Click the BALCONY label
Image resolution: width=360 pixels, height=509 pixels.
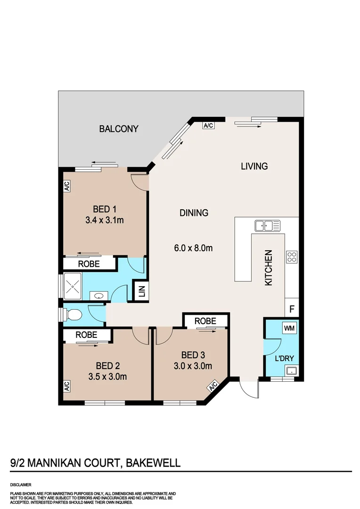click(119, 129)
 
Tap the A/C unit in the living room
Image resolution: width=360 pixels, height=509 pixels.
click(208, 125)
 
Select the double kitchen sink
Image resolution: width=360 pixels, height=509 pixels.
click(267, 225)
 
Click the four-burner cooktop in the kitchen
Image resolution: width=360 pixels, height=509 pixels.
click(292, 257)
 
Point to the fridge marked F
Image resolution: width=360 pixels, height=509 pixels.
click(292, 310)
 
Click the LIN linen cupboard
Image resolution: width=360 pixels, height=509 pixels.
click(141, 292)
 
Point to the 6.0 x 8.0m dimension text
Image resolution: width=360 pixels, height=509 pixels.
click(193, 247)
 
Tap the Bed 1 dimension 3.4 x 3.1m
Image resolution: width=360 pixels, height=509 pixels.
click(105, 220)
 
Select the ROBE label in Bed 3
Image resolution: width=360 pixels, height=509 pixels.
click(205, 321)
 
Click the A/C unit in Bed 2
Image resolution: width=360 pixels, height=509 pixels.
click(66, 386)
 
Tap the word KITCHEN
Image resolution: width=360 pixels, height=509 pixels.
click(269, 268)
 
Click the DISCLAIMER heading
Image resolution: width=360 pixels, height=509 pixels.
click(21, 484)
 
